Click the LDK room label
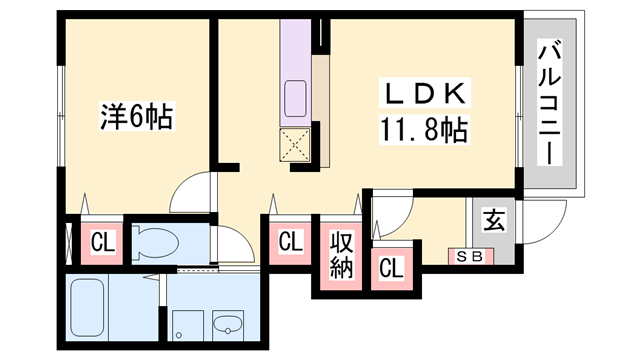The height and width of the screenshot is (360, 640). point(425,93)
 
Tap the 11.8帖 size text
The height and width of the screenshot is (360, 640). point(424,129)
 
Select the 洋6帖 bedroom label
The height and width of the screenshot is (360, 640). point(137,116)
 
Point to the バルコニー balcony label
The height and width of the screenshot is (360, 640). point(549,102)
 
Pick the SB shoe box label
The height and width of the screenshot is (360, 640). point(470,257)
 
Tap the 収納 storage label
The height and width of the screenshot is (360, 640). point(341,255)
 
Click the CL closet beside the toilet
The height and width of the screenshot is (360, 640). point(102,242)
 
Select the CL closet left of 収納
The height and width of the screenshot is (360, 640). point(290,241)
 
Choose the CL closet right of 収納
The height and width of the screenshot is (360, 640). point(391,268)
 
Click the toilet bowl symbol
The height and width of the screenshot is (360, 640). point(156,243)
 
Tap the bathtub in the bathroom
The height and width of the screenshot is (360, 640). point(87,307)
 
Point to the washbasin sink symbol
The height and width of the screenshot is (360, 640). point(228,325)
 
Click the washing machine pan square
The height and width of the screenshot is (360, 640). point(188,325)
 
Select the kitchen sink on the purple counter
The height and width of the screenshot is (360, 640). point(295,99)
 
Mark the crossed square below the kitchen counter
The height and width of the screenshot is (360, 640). point(295,144)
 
